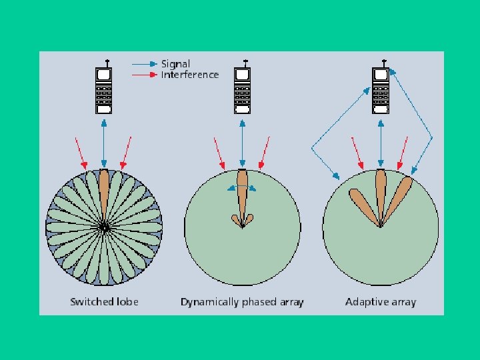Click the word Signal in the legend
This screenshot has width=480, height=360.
click(175, 64)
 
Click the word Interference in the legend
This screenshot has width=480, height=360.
click(190, 75)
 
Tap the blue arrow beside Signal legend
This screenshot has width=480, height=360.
click(145, 64)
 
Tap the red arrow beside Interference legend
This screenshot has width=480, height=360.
click(145, 75)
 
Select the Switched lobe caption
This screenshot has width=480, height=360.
click(104, 302)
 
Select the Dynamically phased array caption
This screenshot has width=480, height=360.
click(242, 302)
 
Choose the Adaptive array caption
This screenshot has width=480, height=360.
click(380, 302)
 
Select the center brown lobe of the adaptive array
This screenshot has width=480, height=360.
click(381, 193)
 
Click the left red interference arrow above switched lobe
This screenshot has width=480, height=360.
click(81, 153)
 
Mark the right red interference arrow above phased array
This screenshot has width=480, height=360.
click(264, 153)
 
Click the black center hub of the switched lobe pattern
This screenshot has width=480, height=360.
click(103, 227)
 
